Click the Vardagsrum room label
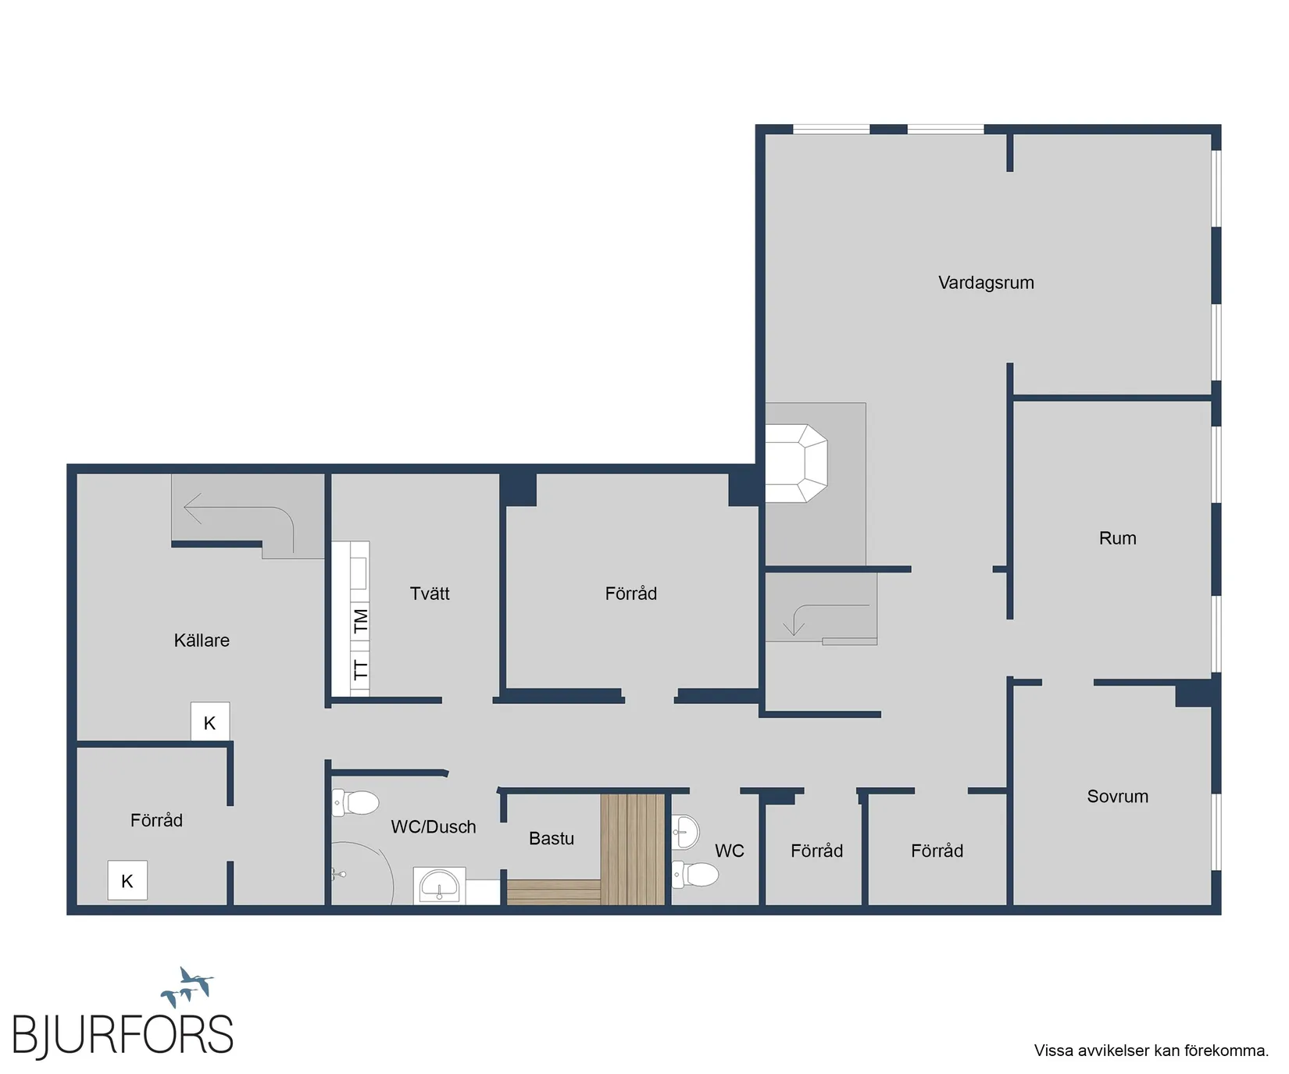(986, 283)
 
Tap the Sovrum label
(1118, 797)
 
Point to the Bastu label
(552, 838)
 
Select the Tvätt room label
(430, 594)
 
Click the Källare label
(202, 640)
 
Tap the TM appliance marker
(360, 622)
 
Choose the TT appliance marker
(360, 669)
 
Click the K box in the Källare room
(210, 722)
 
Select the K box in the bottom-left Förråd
(127, 880)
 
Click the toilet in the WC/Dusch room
(355, 802)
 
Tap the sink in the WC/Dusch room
(439, 886)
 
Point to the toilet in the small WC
(695, 874)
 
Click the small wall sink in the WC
(685, 831)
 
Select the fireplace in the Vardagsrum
(796, 463)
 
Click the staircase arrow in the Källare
(239, 516)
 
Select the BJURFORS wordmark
(123, 1035)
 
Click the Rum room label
(1118, 538)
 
